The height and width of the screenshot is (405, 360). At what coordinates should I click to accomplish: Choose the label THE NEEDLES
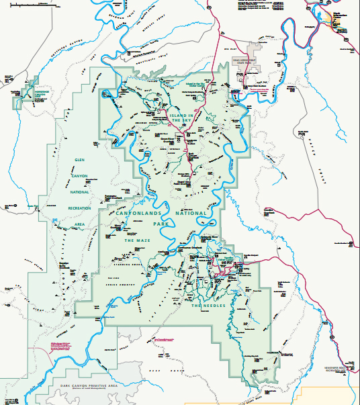[x=206, y=306]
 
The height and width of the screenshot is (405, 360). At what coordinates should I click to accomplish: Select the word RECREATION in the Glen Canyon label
[x=79, y=208]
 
